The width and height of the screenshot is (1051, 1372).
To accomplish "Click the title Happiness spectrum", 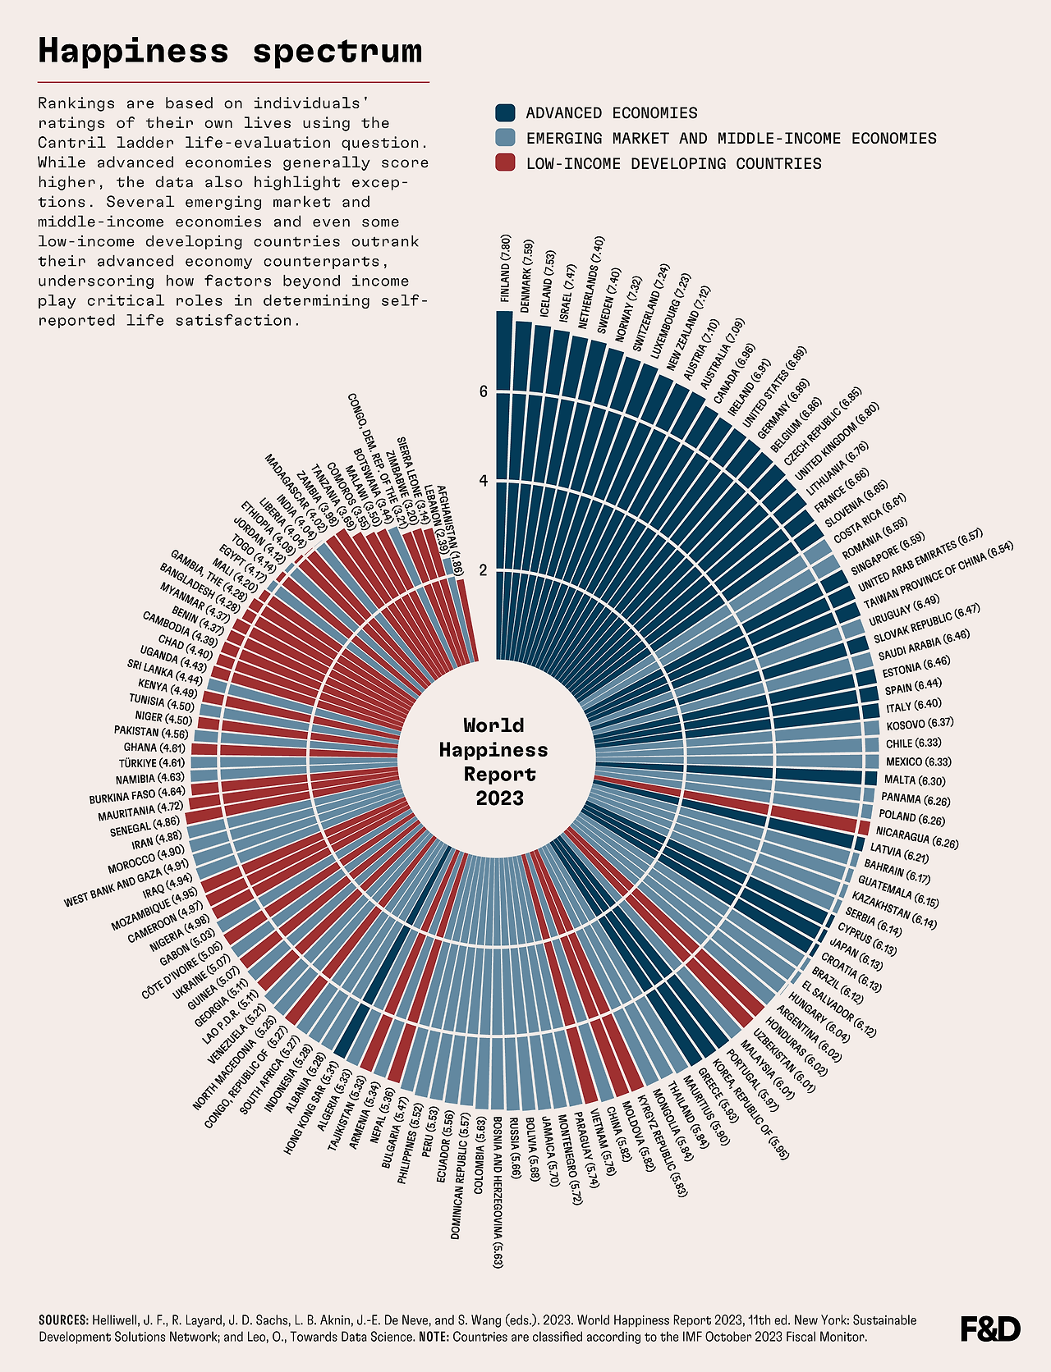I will point(230,51).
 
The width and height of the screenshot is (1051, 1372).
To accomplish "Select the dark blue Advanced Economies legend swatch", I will point(506,112).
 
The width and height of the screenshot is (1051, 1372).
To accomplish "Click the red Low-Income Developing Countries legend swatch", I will point(506,163).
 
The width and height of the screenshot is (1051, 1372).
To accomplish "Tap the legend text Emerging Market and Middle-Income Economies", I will point(731,138).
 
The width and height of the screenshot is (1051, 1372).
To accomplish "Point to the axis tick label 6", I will point(484,392).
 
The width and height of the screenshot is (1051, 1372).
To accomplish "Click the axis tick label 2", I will point(484,570).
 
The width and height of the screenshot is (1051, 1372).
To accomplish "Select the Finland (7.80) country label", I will point(506,269).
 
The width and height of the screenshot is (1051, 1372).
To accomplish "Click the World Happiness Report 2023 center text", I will point(493,761).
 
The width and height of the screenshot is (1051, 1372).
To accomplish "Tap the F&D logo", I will point(990,1329).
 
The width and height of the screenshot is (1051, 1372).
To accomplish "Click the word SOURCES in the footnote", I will point(63,1320).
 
